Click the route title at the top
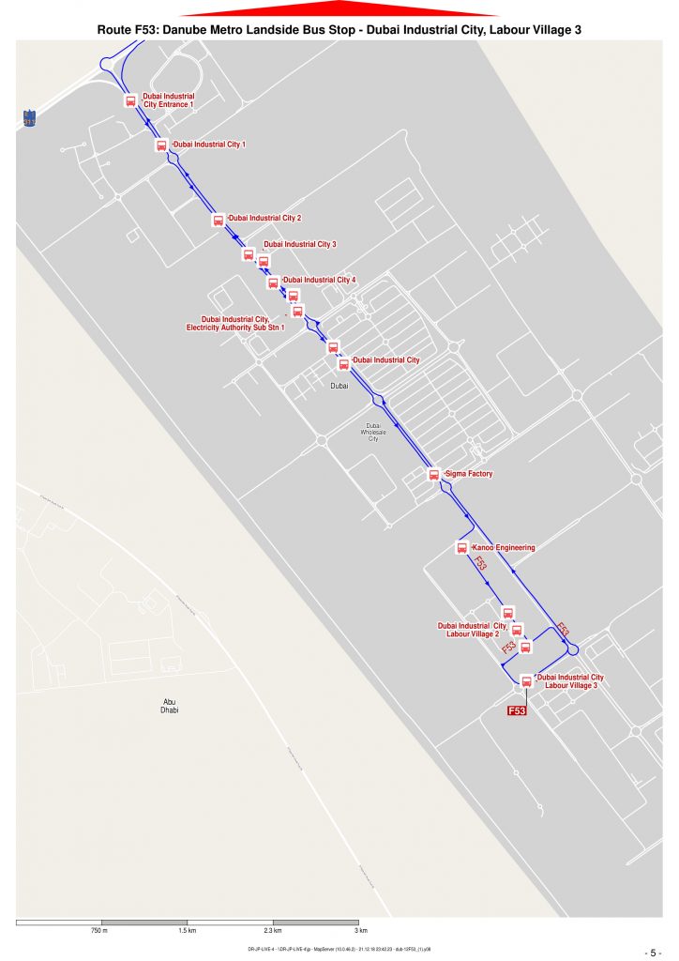339,30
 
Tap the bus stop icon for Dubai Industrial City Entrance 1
130,100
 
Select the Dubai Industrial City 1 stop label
210,145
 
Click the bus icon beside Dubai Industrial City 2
218,221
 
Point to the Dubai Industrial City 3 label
299,244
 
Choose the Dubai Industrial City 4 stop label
320,280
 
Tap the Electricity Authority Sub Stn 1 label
235,323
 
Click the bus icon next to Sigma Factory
433,475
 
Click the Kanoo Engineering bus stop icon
461,547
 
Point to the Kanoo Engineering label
504,547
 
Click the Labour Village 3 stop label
570,681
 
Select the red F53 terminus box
517,711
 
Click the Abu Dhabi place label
170,706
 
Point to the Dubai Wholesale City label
372,432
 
